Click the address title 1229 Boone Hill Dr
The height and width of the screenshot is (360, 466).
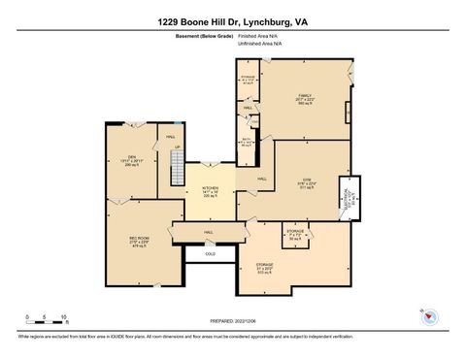pyautogui.click(x=233, y=21)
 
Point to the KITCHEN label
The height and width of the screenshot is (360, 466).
pyautogui.click(x=210, y=190)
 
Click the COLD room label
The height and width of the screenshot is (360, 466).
pyautogui.click(x=209, y=253)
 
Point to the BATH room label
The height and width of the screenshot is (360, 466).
pyautogui.click(x=247, y=143)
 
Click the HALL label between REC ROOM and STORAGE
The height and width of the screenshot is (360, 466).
pyautogui.click(x=209, y=233)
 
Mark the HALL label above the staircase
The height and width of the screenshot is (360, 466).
pyautogui.click(x=171, y=137)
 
